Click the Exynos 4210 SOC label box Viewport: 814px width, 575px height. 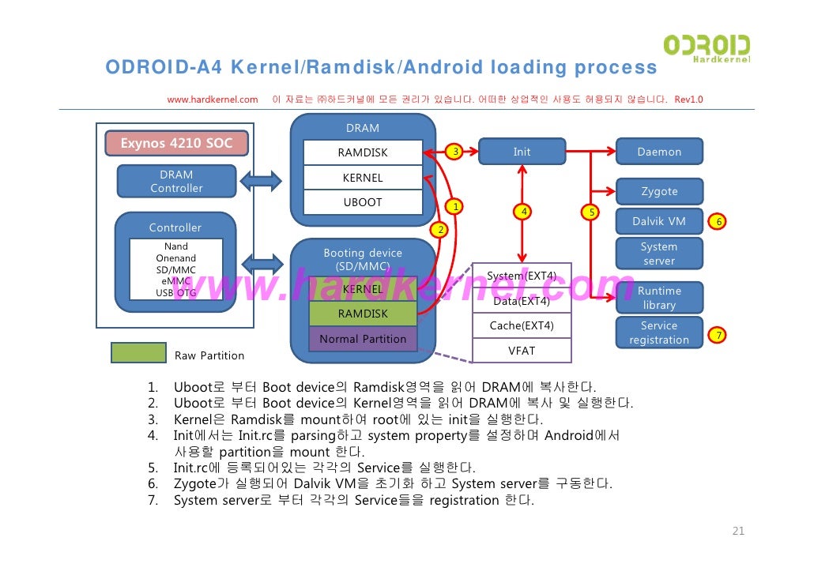coord(176,143)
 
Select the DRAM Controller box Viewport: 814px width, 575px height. coord(176,181)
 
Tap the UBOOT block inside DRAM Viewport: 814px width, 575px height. coord(363,202)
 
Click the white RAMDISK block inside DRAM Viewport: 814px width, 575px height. coord(363,152)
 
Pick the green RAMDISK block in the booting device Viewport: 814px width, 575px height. coord(363,314)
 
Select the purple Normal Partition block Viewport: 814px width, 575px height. coord(363,339)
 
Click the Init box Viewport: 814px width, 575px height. coord(522,152)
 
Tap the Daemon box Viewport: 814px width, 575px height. coord(659,152)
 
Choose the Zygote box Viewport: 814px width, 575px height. coord(659,191)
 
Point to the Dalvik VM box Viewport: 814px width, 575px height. coord(659,221)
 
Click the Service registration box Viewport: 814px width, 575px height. coord(659,333)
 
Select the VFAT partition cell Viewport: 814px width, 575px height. coord(522,350)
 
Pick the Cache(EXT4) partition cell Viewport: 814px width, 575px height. coord(522,325)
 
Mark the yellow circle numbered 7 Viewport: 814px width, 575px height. coord(717,336)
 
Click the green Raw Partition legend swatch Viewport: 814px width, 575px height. coord(138,353)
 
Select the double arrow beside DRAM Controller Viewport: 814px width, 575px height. coord(261,181)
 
